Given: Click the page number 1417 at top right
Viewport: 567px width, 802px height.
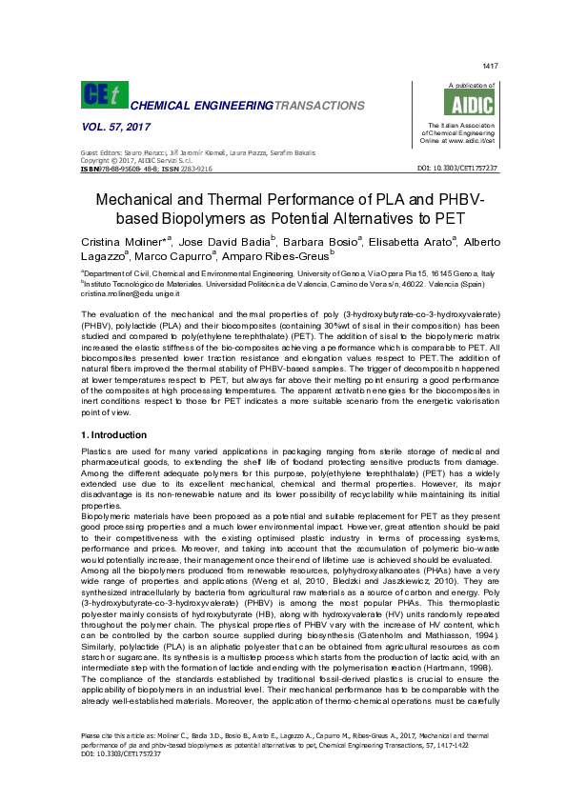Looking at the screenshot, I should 491,66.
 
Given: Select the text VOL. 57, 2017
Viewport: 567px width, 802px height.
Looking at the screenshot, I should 112,127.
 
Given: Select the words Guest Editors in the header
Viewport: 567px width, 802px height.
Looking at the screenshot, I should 99,153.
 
